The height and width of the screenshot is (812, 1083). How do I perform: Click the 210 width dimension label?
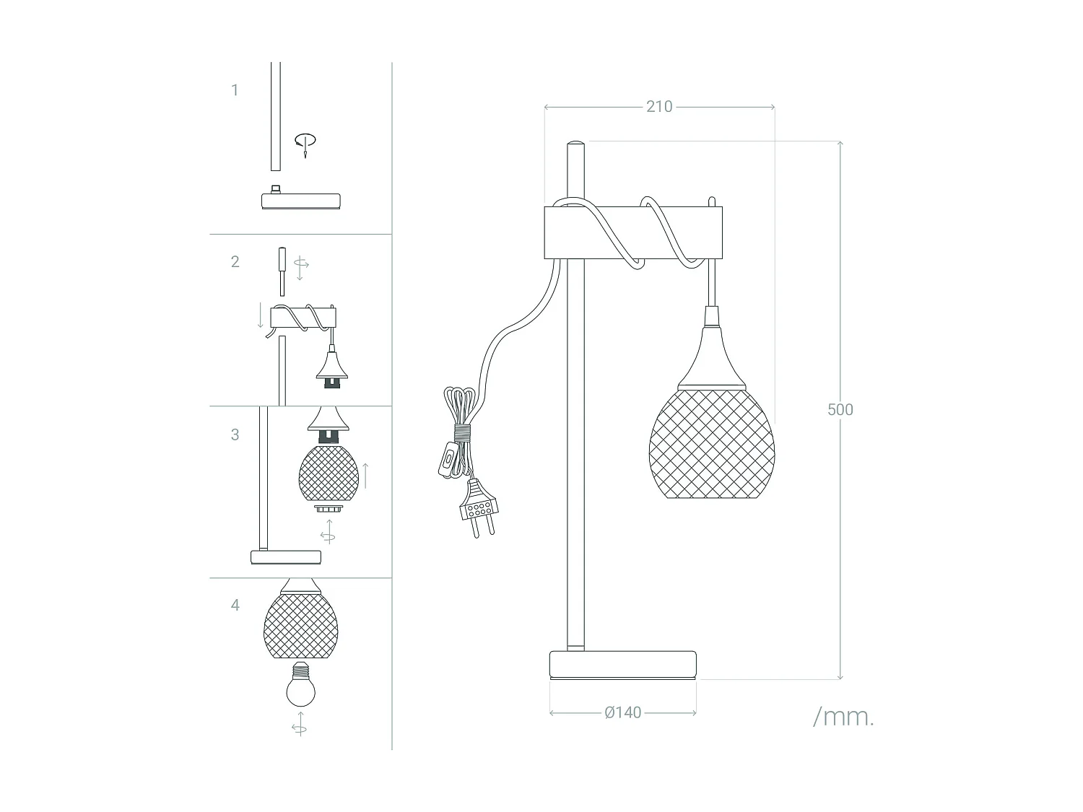[658, 107]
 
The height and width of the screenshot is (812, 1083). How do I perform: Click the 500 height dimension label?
[840, 409]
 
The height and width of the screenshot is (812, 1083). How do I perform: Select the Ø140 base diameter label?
[622, 713]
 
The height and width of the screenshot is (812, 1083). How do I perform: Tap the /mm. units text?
[843, 717]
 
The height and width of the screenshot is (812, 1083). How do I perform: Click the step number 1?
[235, 90]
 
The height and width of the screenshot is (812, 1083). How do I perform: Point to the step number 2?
[235, 261]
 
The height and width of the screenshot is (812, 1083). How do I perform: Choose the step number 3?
[235, 435]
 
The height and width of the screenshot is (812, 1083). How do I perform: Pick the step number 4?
[235, 605]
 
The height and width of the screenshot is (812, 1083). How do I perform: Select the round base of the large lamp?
[623, 664]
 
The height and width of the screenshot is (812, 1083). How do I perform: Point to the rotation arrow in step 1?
[305, 143]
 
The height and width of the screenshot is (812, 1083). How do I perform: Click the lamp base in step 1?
[300, 200]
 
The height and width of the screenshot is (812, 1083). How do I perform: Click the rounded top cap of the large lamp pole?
[575, 145]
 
